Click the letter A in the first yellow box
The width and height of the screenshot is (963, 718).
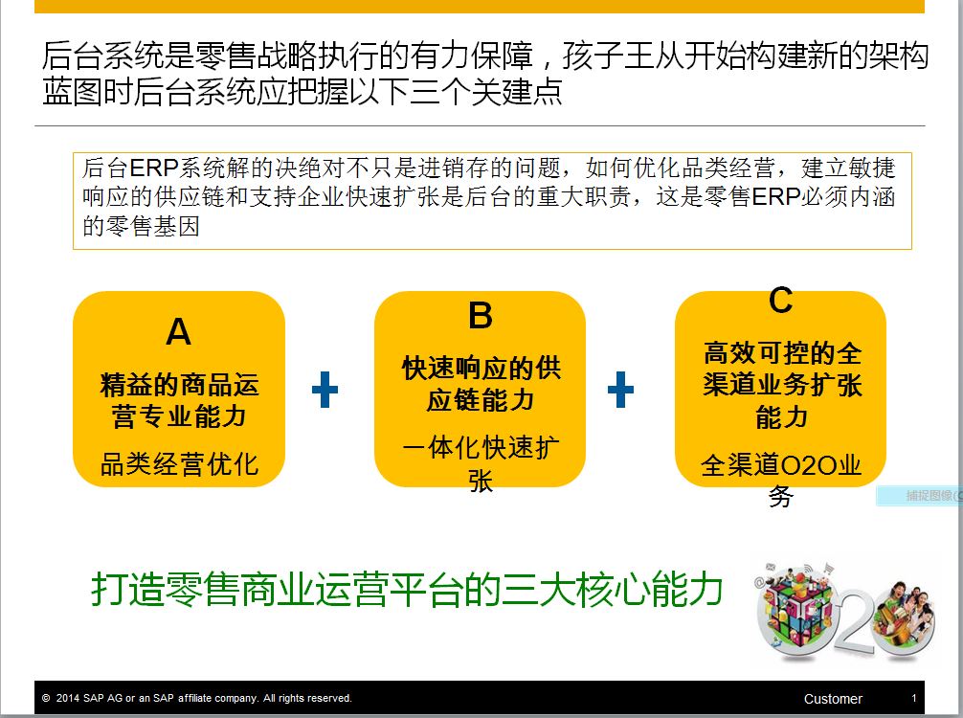point(179,332)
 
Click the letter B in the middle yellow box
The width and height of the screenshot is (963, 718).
point(481,316)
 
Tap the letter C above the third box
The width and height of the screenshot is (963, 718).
point(780,301)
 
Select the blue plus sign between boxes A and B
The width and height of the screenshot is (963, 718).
point(325,390)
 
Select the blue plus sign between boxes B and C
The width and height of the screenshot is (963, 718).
point(620,390)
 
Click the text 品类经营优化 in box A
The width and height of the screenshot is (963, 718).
point(179,463)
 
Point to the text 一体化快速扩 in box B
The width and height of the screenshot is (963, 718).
point(481,447)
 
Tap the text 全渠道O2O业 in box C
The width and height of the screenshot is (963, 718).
point(780,465)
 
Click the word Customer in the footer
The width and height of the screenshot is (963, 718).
point(833,699)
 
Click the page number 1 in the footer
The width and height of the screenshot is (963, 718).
point(914,698)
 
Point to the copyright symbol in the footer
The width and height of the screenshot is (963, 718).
point(46,698)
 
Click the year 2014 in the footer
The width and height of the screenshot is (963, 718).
point(68,698)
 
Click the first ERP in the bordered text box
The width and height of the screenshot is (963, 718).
point(153,168)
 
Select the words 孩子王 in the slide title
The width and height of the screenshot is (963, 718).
point(608,56)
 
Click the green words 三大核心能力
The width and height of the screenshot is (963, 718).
point(611,589)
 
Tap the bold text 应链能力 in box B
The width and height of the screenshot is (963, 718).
point(481,400)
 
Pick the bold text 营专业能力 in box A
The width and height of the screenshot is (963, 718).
point(179,416)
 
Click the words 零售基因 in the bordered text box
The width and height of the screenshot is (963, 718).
point(153,227)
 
